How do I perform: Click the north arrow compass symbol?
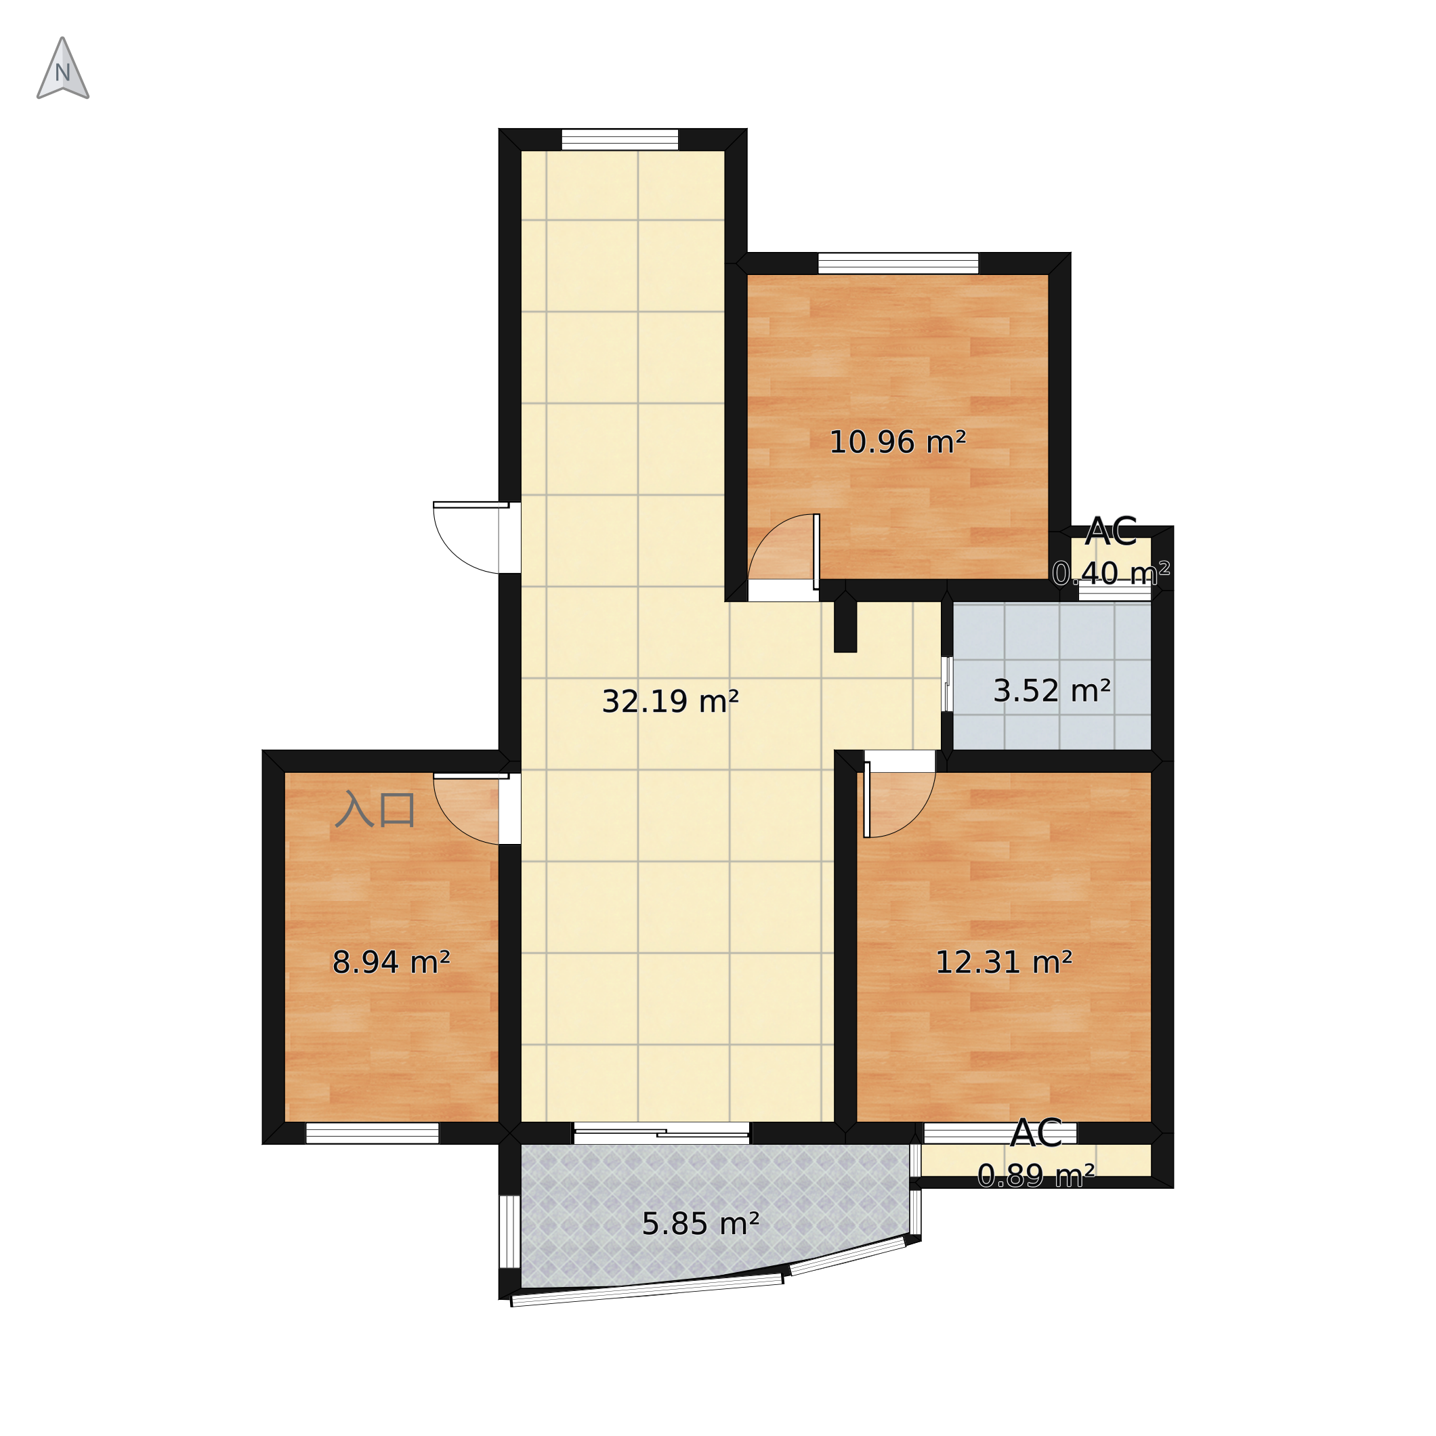pos(63,69)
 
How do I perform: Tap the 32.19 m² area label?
pos(670,702)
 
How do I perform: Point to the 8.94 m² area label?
pos(391,963)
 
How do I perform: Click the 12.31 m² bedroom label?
pos(1003,963)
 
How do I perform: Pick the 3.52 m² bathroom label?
pos(1052,691)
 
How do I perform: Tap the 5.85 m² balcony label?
pos(700,1224)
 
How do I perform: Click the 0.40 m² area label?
pos(1111,573)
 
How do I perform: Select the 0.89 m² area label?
pos(1036,1175)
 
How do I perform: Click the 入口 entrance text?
pos(375,810)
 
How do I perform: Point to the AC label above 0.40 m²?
pos(1111,532)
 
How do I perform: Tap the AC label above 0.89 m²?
pos(1036,1133)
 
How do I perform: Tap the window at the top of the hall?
pos(619,140)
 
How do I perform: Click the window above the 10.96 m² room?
pos(898,264)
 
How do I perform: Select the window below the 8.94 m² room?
pos(373,1133)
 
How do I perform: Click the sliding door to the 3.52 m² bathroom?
pos(946,684)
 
